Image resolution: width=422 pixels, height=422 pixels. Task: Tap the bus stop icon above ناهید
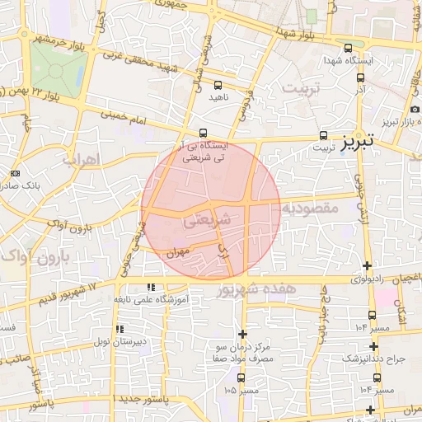pos(218,85)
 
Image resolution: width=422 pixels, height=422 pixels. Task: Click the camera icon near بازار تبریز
pos(413,110)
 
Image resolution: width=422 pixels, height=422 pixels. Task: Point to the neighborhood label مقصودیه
pos(312,209)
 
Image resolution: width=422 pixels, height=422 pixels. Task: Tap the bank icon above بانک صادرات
pos(16,173)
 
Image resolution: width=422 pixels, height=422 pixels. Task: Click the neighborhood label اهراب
pos(81,157)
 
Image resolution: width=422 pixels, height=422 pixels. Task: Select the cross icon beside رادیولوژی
pos(367,265)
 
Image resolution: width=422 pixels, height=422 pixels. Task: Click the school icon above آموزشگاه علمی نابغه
pos(150,287)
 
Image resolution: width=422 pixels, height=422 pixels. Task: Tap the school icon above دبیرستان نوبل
pos(120,330)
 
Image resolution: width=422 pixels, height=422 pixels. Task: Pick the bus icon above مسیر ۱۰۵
pos(241,377)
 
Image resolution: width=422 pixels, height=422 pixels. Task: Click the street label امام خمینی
pos(129,117)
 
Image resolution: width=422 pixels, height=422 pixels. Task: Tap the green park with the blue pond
pos(58,68)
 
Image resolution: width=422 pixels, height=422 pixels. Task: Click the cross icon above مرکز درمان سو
pos(241,334)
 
